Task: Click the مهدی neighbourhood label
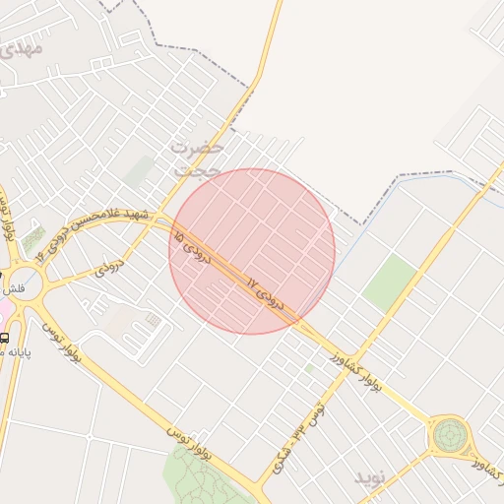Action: (22, 46)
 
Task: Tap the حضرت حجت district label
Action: (197, 158)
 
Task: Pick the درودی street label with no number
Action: (107, 266)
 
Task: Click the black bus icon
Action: (5, 338)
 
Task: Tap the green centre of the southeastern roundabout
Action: (449, 432)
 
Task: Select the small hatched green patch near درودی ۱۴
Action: (33, 238)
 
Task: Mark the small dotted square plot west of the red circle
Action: (153, 320)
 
